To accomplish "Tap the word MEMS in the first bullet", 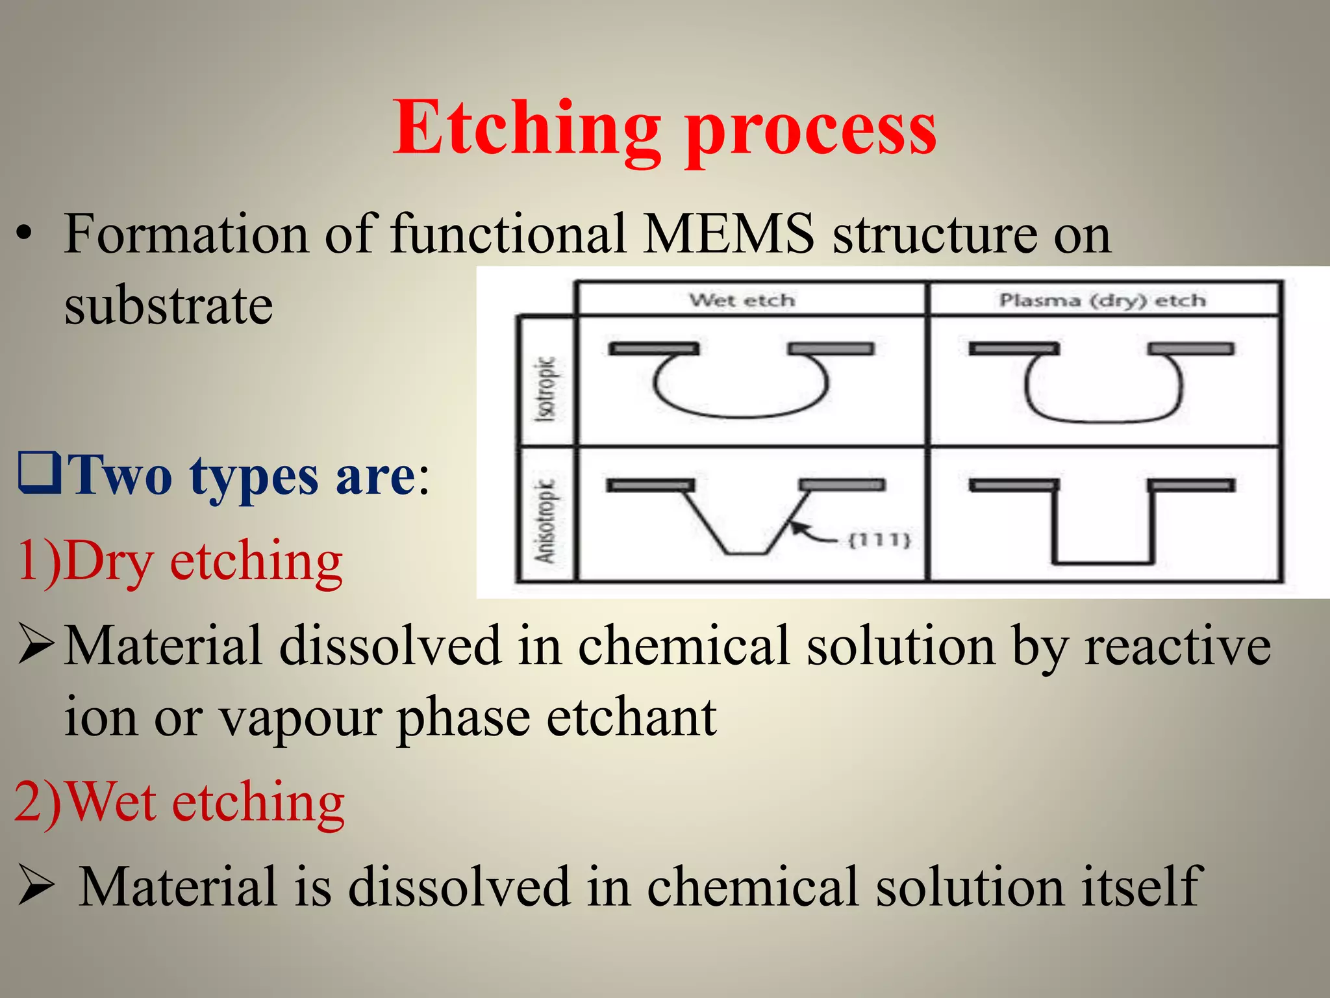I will (728, 233).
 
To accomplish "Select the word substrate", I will (168, 305).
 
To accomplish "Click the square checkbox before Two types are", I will (40, 473).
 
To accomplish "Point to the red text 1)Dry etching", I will (179, 560).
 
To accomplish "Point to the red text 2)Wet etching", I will (179, 802).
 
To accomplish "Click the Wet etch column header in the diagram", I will (742, 300).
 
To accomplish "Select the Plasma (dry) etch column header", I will (1102, 300).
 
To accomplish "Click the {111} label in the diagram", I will (880, 540).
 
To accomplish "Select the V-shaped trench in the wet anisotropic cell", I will (746, 526).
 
